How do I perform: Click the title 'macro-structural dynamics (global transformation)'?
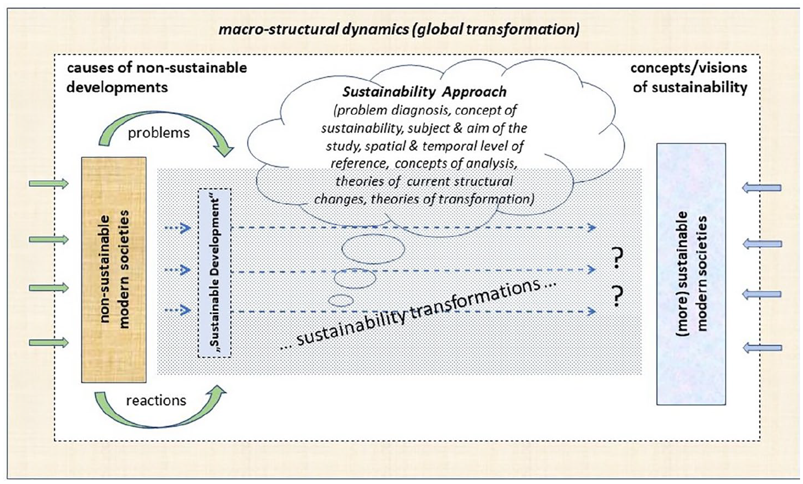point(399,29)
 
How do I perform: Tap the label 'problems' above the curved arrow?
point(159,133)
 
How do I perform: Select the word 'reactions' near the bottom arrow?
point(156,401)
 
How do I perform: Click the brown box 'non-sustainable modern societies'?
point(113,270)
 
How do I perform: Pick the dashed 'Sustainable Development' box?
point(215,272)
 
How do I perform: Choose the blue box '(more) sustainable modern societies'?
point(691,274)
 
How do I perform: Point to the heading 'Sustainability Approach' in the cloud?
point(425,92)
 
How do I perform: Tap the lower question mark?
point(617,296)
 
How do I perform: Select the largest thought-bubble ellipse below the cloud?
point(373,249)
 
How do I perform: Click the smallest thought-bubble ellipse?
point(341,301)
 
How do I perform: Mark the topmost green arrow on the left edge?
point(49,184)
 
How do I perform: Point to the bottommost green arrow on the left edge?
point(49,343)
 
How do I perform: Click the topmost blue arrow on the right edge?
point(762,188)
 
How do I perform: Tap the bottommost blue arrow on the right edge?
point(762,348)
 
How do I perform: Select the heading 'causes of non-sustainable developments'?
point(157,77)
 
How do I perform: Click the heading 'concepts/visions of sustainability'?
point(689,77)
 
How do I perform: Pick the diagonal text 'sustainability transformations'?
point(418,313)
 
